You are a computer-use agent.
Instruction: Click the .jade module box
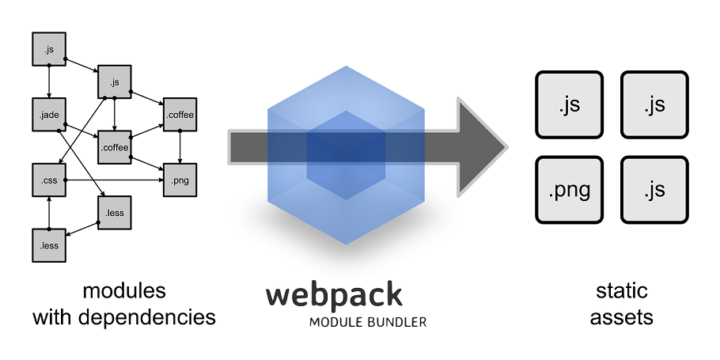coord(49,115)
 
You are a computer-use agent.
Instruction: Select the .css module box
coord(49,180)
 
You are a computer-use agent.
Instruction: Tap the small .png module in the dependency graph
coord(180,180)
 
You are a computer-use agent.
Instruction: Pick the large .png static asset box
coord(570,190)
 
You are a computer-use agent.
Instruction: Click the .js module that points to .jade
coord(49,49)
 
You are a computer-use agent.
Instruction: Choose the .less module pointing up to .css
coord(49,245)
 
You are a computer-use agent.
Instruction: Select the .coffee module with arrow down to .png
coord(180,115)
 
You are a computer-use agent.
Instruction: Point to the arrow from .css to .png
coord(115,180)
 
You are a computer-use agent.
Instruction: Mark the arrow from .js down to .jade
coord(49,81)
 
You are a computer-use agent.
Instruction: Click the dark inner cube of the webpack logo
coord(346,155)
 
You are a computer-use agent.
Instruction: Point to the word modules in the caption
coord(124,290)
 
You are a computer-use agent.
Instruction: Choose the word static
coord(622,290)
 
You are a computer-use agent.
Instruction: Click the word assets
coord(622,317)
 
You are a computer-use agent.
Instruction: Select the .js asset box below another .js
coord(655,190)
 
